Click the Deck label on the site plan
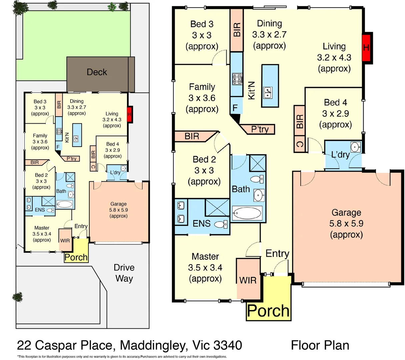pyautogui.click(x=97, y=72)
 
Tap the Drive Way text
pyautogui.click(x=124, y=273)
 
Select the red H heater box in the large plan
pyautogui.click(x=367, y=48)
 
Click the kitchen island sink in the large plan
pyautogui.click(x=268, y=93)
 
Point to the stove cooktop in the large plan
pyautogui.click(x=237, y=79)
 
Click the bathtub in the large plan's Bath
pyautogui.click(x=247, y=213)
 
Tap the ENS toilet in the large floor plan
pyautogui.click(x=221, y=224)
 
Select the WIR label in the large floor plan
pyautogui.click(x=248, y=280)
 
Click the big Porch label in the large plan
pyautogui.click(x=268, y=311)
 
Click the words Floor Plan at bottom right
pyautogui.click(x=320, y=345)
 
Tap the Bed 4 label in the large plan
pyautogui.click(x=335, y=102)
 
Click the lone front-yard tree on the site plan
pyautogui.click(x=17, y=297)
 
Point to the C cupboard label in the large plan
pyautogui.click(x=299, y=144)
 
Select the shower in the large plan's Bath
pyautogui.click(x=258, y=163)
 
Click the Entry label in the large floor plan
pyautogui.click(x=277, y=254)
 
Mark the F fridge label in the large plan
pyautogui.click(x=235, y=108)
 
